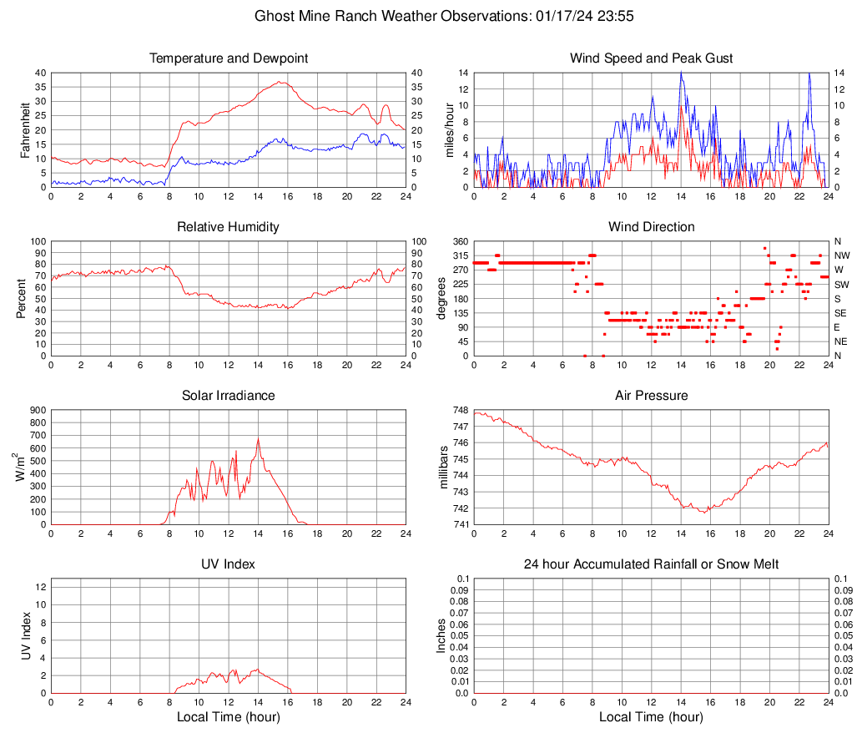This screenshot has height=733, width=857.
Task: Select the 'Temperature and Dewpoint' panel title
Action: pos(229,58)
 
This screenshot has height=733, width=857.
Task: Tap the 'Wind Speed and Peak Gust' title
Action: pos(651,58)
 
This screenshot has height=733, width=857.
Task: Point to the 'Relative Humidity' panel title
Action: pos(229,227)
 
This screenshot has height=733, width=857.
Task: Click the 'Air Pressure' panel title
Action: pos(651,396)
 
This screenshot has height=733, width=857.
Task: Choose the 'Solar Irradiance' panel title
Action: pos(229,396)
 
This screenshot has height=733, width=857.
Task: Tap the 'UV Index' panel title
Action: pos(229,564)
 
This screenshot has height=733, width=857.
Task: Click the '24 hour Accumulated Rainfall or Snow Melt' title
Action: pos(651,564)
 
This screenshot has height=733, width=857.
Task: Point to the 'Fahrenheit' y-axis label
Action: pos(26,130)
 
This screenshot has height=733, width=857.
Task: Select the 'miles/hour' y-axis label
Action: pos(448,130)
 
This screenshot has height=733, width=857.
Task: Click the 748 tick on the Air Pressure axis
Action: pos(459,410)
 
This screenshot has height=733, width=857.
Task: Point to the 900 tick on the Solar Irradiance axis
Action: pos(38,410)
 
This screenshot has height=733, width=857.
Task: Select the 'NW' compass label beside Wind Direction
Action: pos(842,255)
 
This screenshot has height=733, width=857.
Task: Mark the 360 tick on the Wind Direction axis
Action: pos(459,241)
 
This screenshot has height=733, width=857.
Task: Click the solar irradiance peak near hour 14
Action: pos(258,439)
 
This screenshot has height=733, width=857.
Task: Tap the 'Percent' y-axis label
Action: pos(21,299)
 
